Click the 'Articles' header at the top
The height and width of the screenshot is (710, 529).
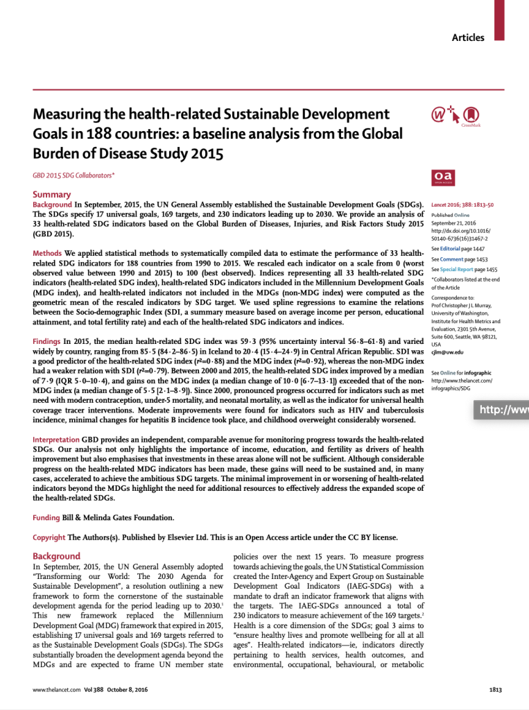(x=468, y=37)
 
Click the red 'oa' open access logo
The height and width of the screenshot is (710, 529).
(x=442, y=177)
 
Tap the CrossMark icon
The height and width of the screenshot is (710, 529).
(x=470, y=114)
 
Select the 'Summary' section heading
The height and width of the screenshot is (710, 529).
(x=52, y=195)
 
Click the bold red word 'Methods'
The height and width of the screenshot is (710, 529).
(x=48, y=253)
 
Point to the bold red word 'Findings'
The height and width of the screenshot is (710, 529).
(x=47, y=342)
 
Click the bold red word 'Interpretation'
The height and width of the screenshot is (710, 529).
(x=56, y=440)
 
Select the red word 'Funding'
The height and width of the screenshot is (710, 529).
(x=46, y=518)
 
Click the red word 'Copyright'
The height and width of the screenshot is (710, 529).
(x=49, y=537)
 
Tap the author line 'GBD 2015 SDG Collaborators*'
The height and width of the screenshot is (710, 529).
(x=73, y=176)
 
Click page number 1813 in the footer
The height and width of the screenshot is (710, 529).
(x=494, y=690)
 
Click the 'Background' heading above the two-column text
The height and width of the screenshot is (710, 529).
(x=57, y=556)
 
